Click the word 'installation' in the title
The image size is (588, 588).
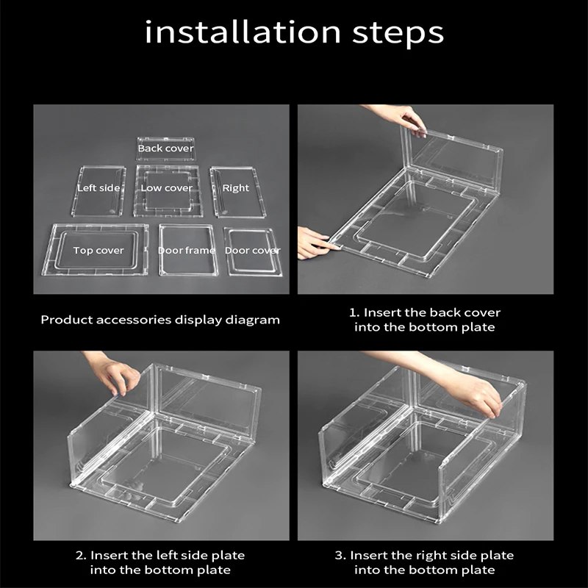pyautogui.click(x=243, y=32)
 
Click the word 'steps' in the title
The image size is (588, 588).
pyautogui.click(x=398, y=34)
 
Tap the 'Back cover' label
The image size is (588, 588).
pyautogui.click(x=166, y=148)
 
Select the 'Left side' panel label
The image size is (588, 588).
pyautogui.click(x=98, y=188)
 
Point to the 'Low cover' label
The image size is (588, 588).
pyautogui.click(x=167, y=188)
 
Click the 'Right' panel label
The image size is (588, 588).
pyautogui.click(x=235, y=188)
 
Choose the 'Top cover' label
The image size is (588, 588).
pyautogui.click(x=98, y=251)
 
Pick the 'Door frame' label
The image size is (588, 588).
pyautogui.click(x=187, y=251)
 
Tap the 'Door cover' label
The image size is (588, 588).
pyautogui.click(x=252, y=251)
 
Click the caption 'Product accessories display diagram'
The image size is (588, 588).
pyautogui.click(x=160, y=320)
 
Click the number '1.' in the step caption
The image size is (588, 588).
pyautogui.click(x=354, y=313)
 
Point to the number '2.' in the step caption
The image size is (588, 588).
pyautogui.click(x=81, y=556)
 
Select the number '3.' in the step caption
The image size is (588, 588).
pyautogui.click(x=340, y=556)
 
